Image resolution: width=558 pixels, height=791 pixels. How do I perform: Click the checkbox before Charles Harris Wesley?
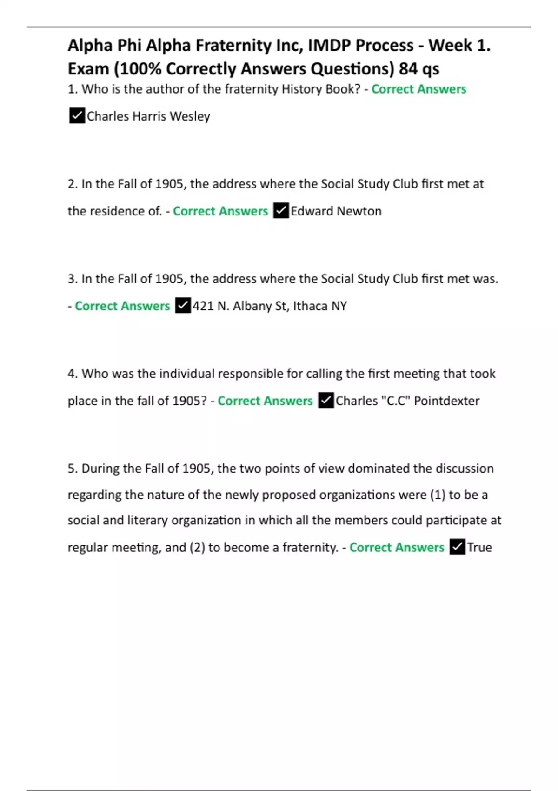(x=77, y=116)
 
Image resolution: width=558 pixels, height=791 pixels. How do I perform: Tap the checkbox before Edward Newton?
(x=281, y=211)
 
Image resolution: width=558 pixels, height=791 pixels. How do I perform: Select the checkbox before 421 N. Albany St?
(x=183, y=306)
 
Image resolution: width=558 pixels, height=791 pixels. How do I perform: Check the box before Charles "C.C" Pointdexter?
(x=325, y=401)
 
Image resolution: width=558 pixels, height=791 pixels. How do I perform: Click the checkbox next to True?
(x=457, y=547)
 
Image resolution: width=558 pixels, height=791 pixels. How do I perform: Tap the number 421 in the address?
(x=203, y=306)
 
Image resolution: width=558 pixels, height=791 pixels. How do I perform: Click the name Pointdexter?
(x=446, y=401)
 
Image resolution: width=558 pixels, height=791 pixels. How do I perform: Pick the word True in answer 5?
(x=479, y=548)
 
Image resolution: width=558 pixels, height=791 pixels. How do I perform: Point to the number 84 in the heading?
(x=408, y=69)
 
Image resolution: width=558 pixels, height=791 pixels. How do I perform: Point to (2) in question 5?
(x=197, y=548)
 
